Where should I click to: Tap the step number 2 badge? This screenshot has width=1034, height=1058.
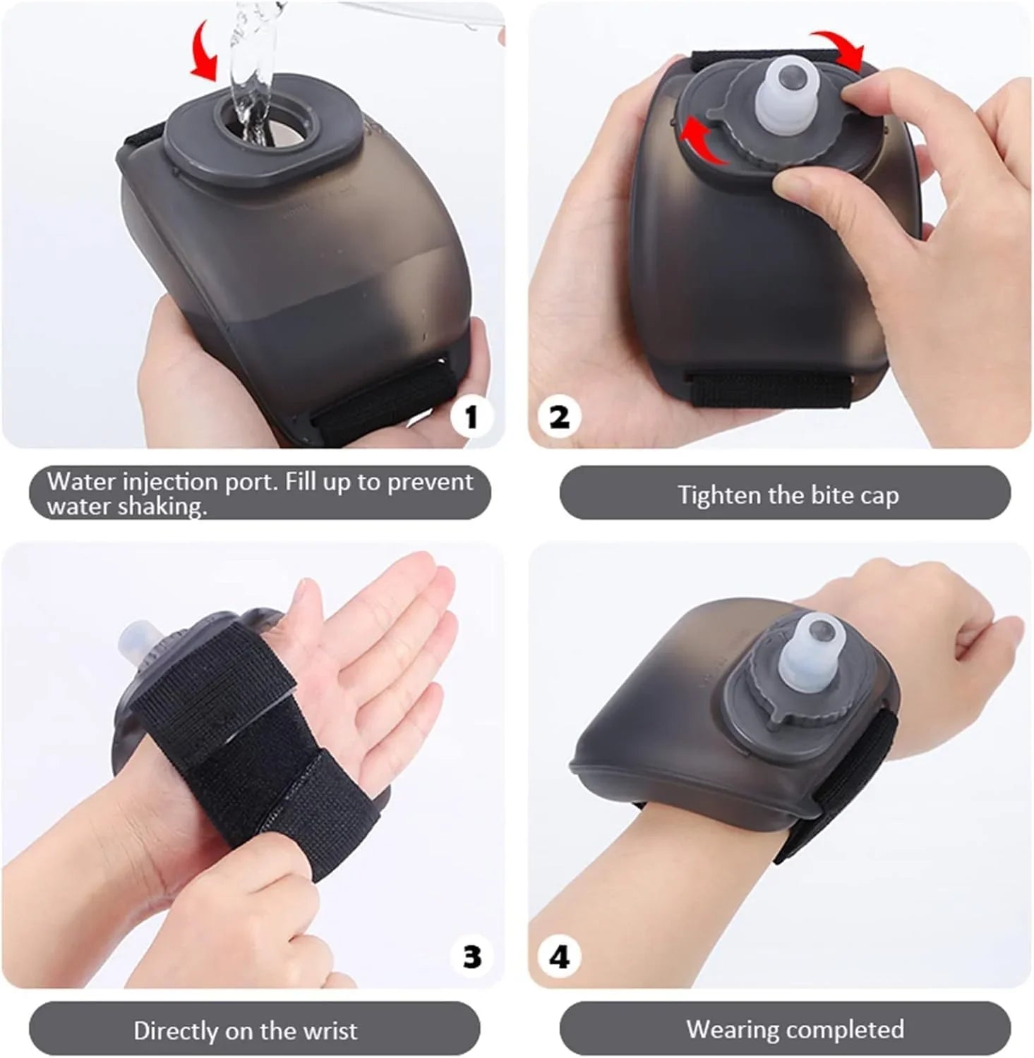tap(559, 417)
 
